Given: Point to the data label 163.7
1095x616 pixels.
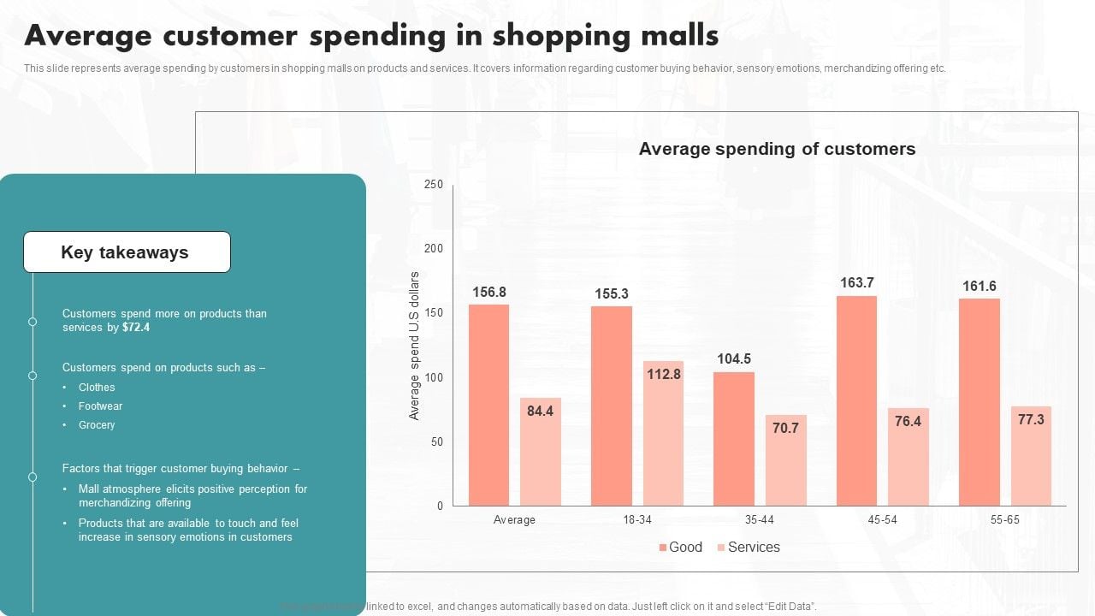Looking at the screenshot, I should (x=856, y=283).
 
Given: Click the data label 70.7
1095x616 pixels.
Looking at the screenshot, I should (x=785, y=428).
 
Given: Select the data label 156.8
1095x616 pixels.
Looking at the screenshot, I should (x=489, y=293).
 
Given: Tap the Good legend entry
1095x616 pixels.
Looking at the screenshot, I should (x=680, y=548).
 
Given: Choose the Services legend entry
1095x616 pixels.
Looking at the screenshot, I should (x=749, y=548).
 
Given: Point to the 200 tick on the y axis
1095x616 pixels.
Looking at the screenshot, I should (x=434, y=249).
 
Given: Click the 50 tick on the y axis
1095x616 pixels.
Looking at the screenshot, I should (x=436, y=441).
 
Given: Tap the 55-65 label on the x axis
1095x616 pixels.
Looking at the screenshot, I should (x=1005, y=520).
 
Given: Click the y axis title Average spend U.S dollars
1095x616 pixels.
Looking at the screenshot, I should (x=415, y=346).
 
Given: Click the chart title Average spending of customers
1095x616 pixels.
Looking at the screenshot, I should (x=777, y=149).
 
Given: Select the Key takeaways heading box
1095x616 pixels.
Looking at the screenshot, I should (x=127, y=252).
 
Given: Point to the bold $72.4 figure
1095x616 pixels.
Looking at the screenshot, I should (x=136, y=328).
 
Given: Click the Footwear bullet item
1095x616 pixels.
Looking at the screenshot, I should (x=100, y=406).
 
